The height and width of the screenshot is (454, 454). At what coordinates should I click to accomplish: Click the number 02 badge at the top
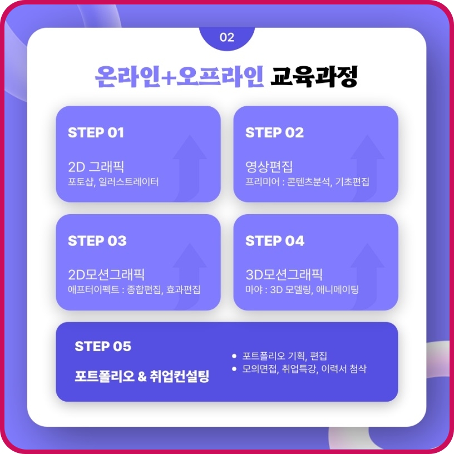tap(227, 38)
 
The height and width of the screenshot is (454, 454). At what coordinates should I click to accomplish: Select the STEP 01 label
tap(96, 133)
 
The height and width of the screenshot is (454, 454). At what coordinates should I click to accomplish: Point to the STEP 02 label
tap(274, 133)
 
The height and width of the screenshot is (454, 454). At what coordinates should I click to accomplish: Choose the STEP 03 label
tap(97, 241)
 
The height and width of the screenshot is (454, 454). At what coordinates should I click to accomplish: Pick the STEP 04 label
tap(275, 241)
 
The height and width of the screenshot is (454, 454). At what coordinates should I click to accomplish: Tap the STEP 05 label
tap(103, 346)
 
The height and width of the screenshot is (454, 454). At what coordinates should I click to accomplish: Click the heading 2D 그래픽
tap(96, 166)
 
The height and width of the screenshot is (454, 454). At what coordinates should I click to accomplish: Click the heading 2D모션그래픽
tap(106, 274)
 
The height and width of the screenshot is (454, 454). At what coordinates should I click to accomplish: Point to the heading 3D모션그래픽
tap(284, 274)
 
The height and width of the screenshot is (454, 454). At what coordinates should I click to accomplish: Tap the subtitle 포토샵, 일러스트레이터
tap(113, 182)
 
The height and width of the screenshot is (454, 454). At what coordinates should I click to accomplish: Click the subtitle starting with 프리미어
tap(307, 182)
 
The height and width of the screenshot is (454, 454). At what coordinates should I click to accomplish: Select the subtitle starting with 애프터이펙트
tap(134, 290)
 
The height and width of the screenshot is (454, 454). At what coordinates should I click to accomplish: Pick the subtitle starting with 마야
tap(302, 290)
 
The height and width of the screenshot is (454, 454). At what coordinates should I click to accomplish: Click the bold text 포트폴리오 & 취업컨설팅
tap(142, 376)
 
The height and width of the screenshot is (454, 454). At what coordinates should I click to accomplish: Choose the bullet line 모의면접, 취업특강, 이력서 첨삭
tap(304, 369)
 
